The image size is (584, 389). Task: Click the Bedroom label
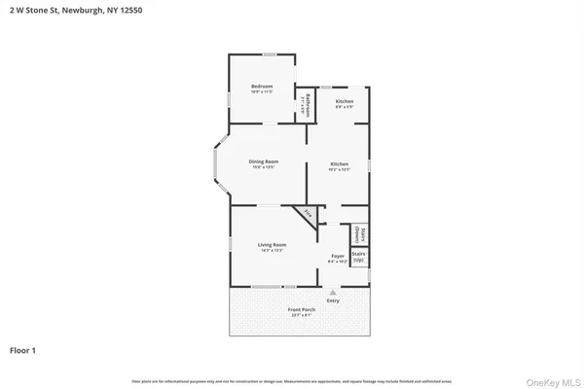coord(262,87)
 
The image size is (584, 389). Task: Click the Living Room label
coord(272,244)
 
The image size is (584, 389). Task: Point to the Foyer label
coord(337,256)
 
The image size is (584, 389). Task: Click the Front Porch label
coord(301,310)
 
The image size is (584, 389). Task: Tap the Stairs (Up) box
coord(358,258)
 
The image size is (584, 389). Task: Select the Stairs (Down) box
coord(358,234)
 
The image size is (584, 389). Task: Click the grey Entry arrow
coord(334,291)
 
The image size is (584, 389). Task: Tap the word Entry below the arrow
coord(334,301)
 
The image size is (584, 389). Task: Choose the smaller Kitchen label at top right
coord(345,101)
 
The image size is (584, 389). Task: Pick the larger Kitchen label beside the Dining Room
coord(339,163)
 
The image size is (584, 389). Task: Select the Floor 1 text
coord(24,349)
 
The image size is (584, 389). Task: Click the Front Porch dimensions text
coord(301,316)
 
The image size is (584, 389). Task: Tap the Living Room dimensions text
coord(272,250)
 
